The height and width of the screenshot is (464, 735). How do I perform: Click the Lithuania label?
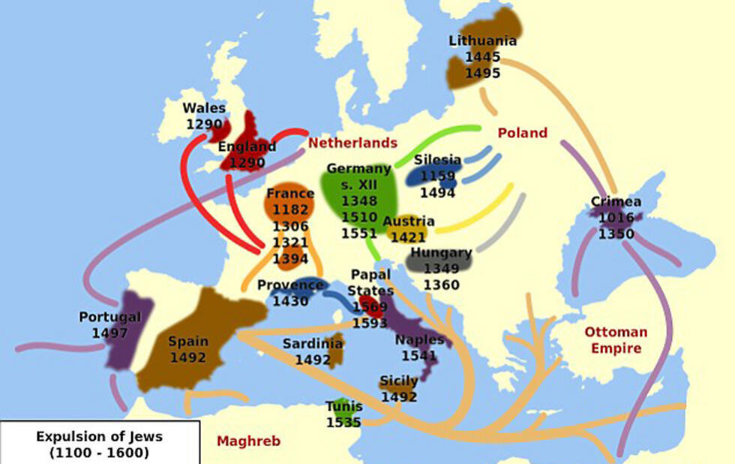(x=482, y=41)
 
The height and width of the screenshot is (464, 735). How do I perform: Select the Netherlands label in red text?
(x=352, y=143)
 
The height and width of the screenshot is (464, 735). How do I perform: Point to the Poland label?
(x=522, y=133)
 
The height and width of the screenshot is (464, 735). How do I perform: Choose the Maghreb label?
(x=248, y=441)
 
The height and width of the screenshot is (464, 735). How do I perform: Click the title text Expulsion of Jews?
(x=99, y=437)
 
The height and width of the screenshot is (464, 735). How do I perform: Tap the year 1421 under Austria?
(x=408, y=237)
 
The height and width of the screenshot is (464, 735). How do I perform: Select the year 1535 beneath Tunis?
(x=343, y=423)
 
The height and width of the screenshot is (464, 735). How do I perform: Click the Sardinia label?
(x=313, y=344)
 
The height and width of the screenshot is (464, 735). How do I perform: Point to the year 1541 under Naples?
(x=419, y=356)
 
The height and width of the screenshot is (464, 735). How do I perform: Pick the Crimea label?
(x=616, y=202)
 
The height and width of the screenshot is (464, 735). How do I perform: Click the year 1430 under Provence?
(x=290, y=301)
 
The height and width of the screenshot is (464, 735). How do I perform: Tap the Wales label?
(x=204, y=108)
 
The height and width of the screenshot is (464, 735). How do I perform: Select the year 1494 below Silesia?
(x=437, y=193)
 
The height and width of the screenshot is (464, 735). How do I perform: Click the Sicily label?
(x=398, y=381)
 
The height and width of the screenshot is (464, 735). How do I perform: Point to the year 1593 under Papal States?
(x=370, y=324)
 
